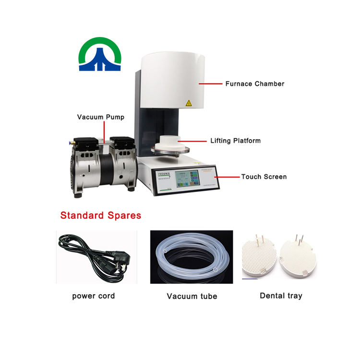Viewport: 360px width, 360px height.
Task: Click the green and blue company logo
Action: pyautogui.click(x=100, y=55)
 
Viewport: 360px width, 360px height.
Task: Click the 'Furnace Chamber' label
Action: pyautogui.click(x=254, y=84)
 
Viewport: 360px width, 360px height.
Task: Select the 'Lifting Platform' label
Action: pyautogui.click(x=235, y=141)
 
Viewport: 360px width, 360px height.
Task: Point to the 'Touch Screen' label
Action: pyautogui.click(x=264, y=177)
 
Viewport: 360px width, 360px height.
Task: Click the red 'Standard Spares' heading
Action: pyautogui.click(x=101, y=215)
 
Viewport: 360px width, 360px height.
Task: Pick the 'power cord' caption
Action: pyautogui.click(x=94, y=296)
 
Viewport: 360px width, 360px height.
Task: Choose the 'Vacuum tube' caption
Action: pyautogui.click(x=192, y=296)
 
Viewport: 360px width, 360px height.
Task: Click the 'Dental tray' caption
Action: pyautogui.click(x=281, y=296)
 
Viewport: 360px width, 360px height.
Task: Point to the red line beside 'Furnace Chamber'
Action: pyautogui.click(x=210, y=84)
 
